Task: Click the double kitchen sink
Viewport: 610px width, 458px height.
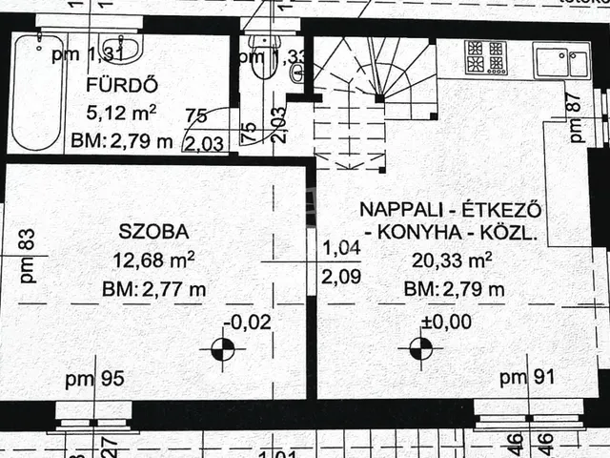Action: (562, 62)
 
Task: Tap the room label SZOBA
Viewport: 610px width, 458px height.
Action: (154, 230)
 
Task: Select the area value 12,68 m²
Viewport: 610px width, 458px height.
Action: (154, 259)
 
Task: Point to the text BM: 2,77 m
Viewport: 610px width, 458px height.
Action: (154, 288)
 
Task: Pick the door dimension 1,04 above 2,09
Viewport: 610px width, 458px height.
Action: (340, 248)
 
